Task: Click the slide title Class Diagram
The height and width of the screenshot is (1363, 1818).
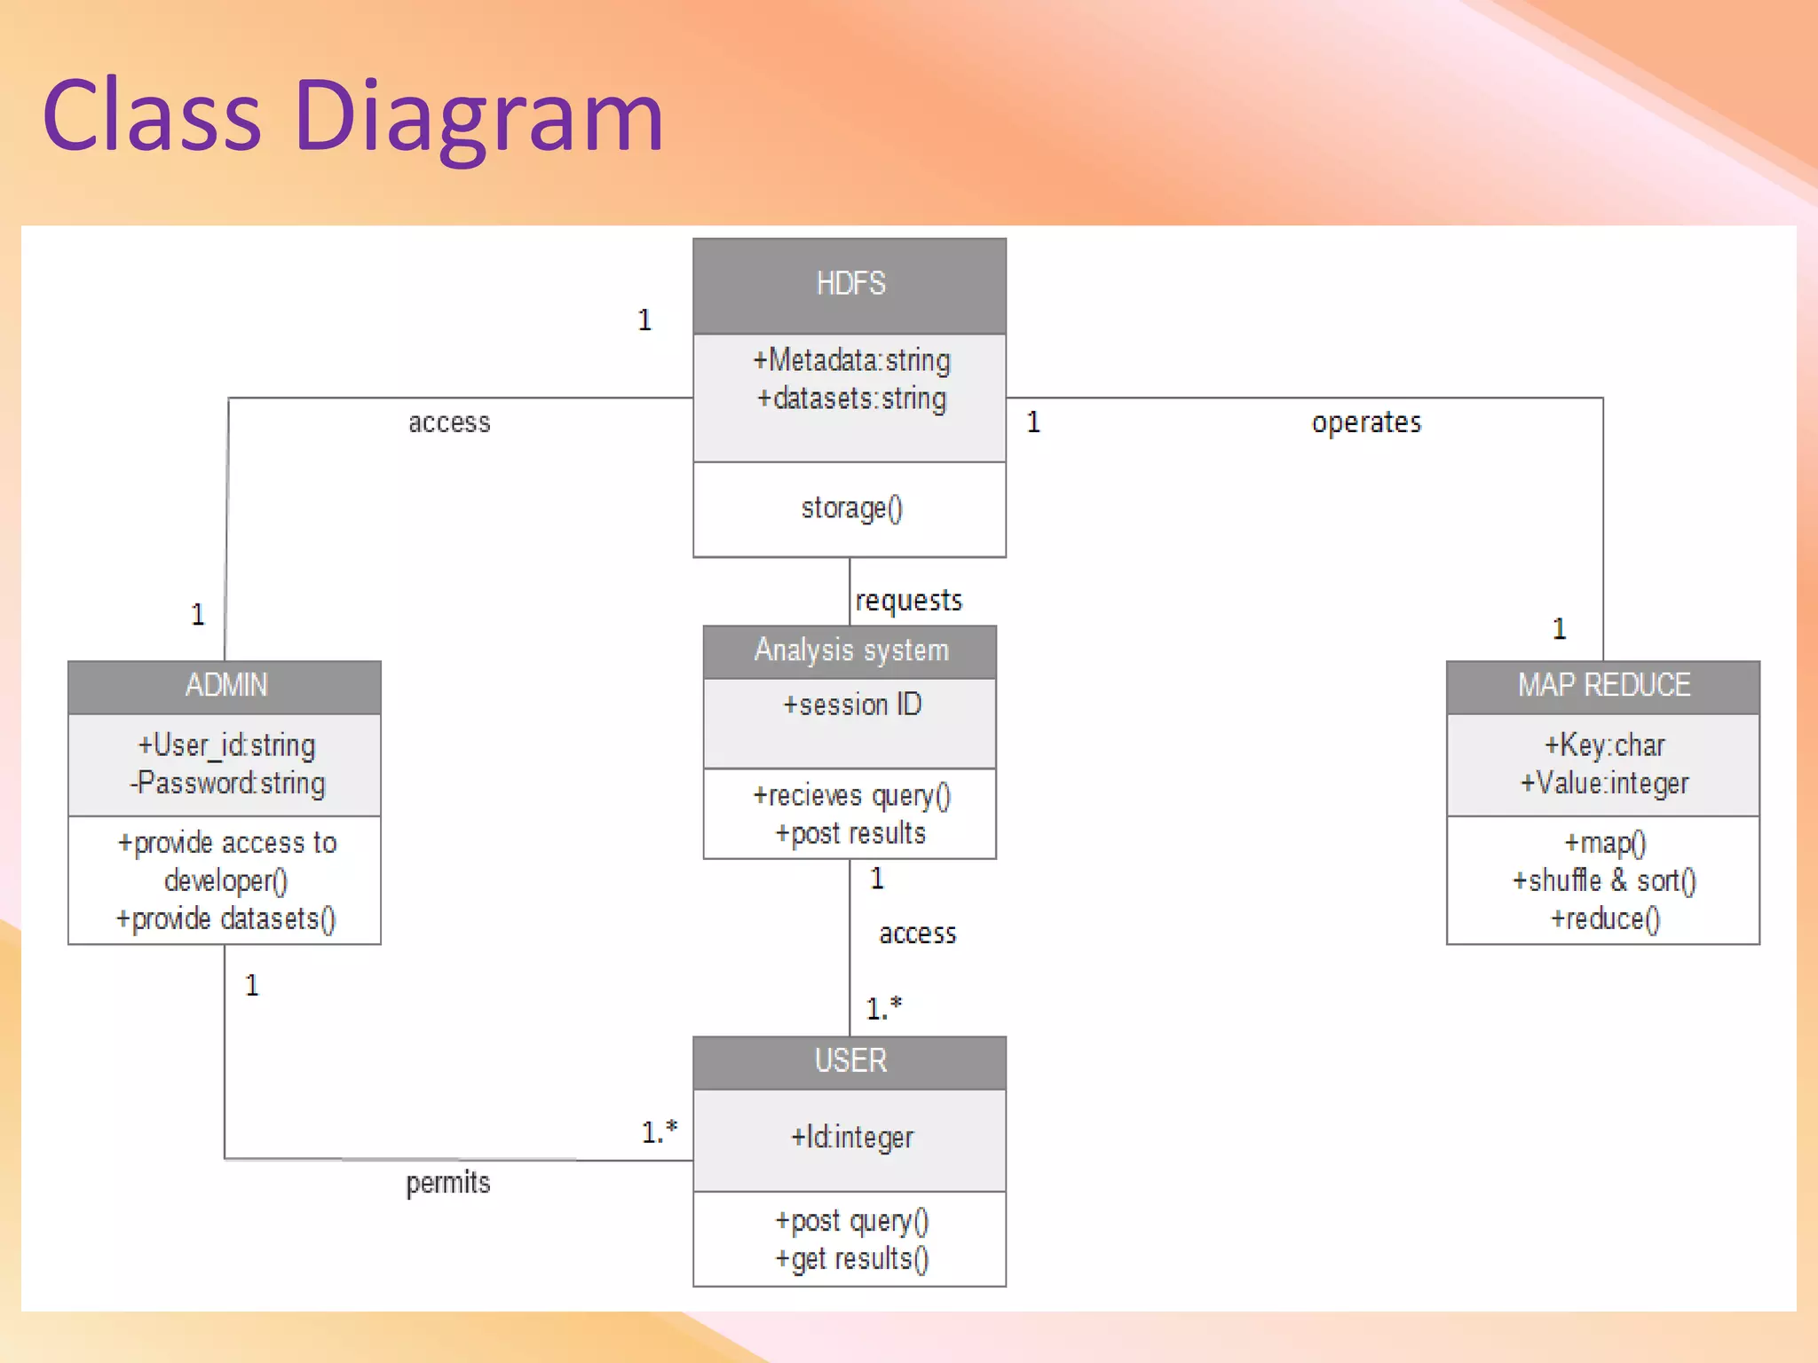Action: point(352,115)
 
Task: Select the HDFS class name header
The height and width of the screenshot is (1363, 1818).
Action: point(850,284)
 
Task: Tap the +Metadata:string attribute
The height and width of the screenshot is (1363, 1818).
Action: point(850,360)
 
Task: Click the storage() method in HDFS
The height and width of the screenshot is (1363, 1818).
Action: point(850,508)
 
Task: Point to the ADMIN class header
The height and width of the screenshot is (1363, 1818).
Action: point(225,685)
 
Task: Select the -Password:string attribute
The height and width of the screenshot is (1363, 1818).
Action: point(227,784)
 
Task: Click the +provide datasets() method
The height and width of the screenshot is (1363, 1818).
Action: point(225,918)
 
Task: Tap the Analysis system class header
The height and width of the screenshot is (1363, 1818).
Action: point(850,650)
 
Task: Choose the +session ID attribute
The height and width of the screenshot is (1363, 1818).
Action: point(850,705)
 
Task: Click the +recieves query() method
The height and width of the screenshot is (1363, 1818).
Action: point(850,796)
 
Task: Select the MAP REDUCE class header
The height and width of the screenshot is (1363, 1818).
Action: point(1603,685)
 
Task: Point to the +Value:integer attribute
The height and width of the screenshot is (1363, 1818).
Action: point(1603,784)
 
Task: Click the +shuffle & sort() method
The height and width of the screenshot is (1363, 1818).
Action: point(1603,880)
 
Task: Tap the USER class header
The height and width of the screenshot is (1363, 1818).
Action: point(850,1060)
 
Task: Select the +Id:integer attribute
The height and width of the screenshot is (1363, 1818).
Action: point(850,1137)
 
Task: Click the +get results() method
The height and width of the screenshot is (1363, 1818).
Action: point(850,1259)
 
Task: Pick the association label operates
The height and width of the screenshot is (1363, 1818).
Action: point(1365,422)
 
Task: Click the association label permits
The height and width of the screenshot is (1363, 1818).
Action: point(447,1183)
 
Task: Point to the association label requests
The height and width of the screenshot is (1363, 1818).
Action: point(908,601)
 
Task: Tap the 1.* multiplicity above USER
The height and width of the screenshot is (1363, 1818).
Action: point(883,1008)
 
